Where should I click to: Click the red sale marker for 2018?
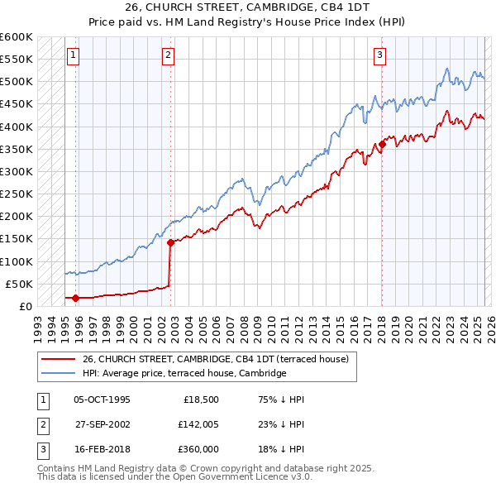[x=382, y=145]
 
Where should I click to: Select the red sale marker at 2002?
[x=170, y=242]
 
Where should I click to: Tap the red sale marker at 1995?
[x=75, y=298]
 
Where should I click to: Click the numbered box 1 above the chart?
[x=73, y=55]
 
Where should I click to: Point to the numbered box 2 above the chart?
[x=168, y=55]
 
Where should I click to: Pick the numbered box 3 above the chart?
[x=379, y=55]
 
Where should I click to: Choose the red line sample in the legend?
[x=59, y=359]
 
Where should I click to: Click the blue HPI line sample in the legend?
[x=59, y=373]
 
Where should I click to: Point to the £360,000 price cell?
[x=199, y=449]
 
